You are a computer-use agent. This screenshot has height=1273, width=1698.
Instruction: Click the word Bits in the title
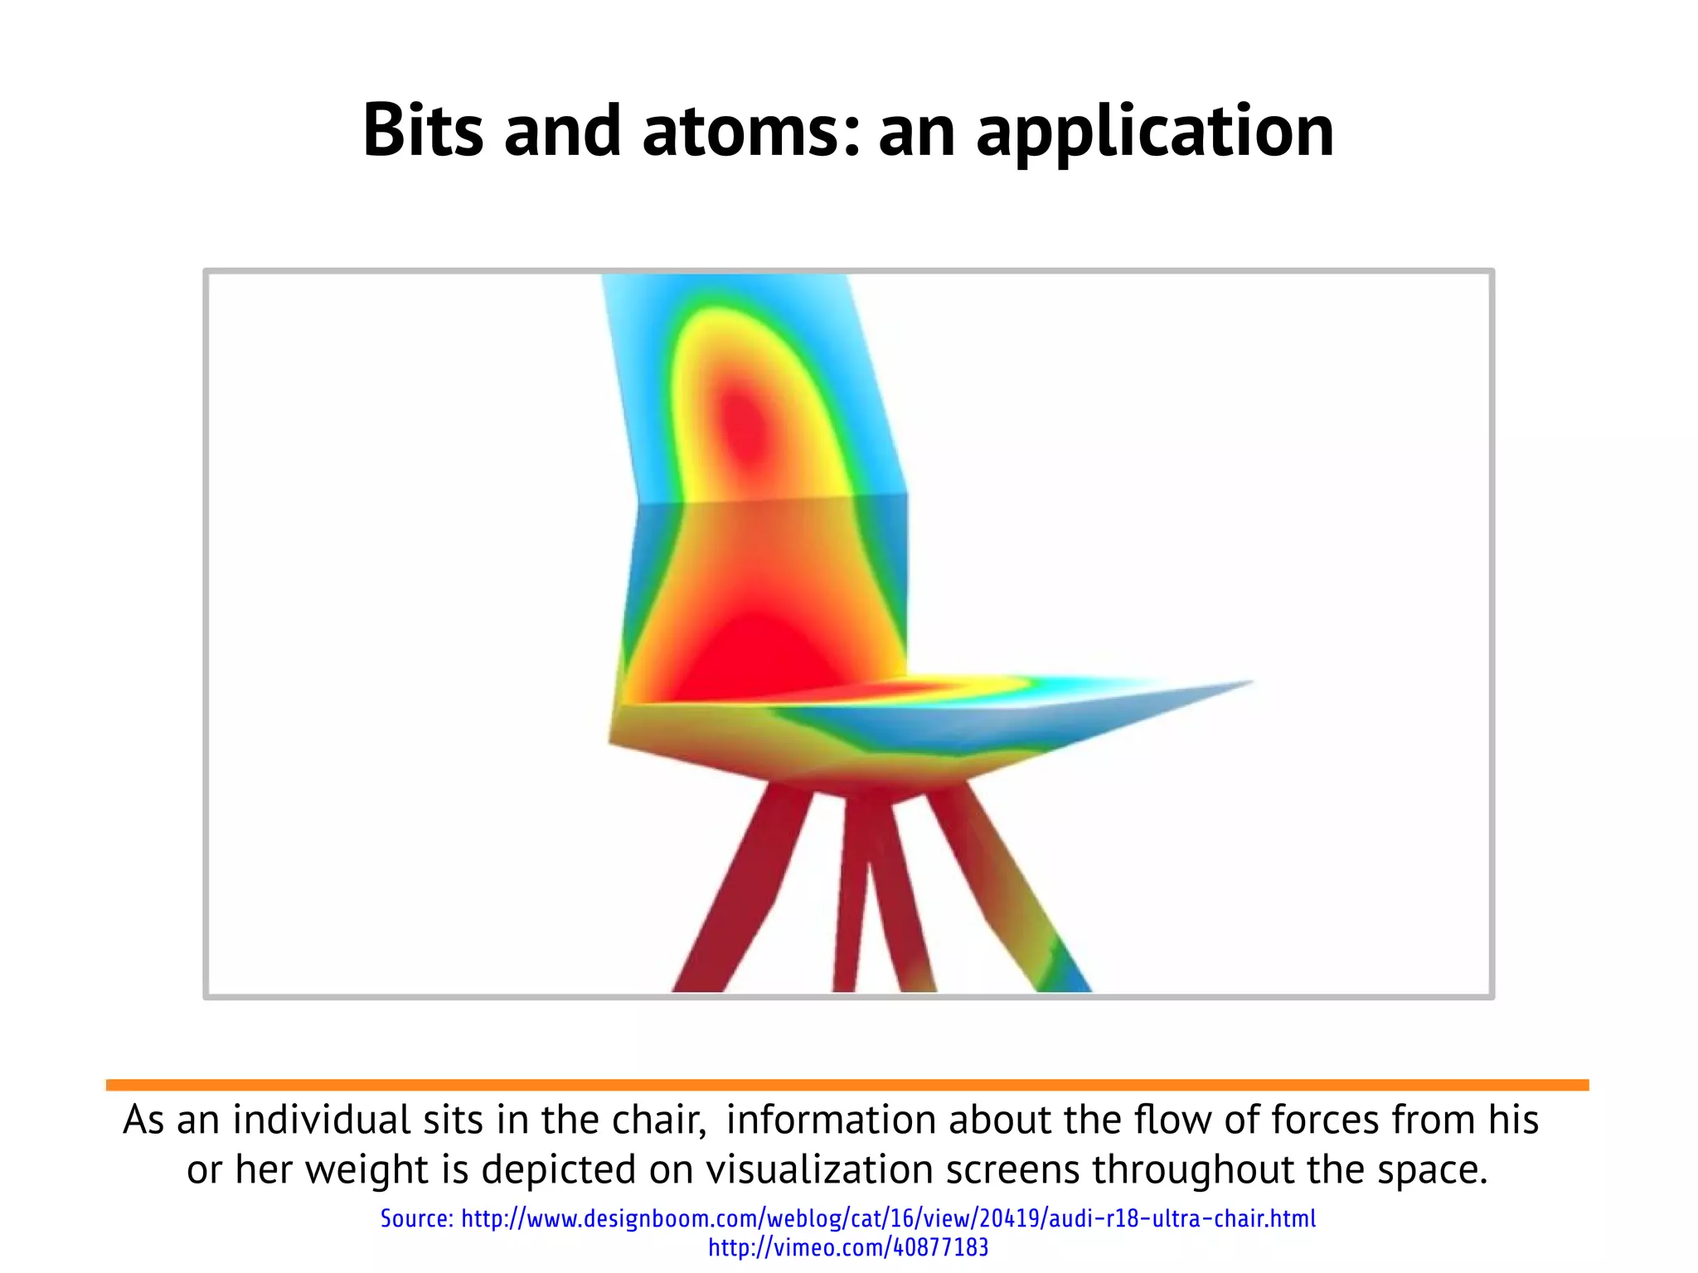423,130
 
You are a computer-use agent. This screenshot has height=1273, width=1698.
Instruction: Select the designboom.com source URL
888,1218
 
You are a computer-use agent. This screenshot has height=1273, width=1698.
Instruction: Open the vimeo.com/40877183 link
847,1247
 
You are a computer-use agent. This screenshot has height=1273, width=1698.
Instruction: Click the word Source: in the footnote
416,1218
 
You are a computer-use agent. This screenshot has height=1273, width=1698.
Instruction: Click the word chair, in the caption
659,1120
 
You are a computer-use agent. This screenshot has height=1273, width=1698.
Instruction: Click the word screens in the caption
1012,1169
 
